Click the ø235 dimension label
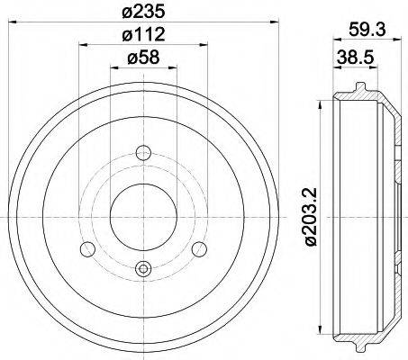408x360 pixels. point(142,12)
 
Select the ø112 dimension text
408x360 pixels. point(142,36)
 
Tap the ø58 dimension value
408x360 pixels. point(142,59)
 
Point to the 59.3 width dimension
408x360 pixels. point(365,30)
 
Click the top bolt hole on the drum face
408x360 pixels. point(143,152)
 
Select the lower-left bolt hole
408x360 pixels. point(87,247)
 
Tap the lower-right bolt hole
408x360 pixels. point(198,247)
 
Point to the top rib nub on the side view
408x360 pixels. point(360,88)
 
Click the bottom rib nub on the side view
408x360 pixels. point(360,343)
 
